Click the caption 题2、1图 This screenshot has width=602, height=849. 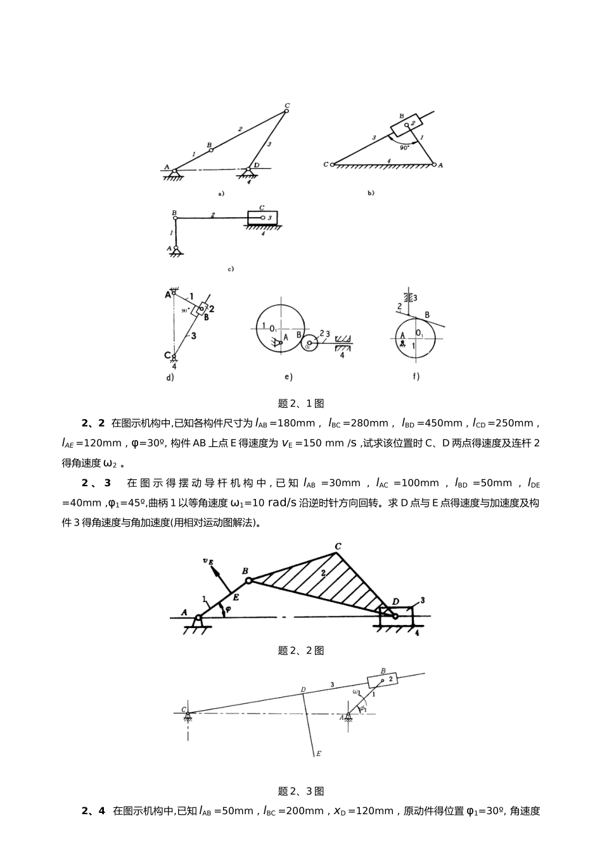[301, 403]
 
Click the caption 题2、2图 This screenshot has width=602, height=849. [301, 651]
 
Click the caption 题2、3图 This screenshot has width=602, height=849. [301, 791]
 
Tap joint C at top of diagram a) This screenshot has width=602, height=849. [286, 111]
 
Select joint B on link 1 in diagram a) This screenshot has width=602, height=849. [211, 150]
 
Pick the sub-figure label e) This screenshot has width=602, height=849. [288, 377]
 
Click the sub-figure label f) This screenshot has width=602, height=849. [416, 377]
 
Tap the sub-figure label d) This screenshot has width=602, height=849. [170, 378]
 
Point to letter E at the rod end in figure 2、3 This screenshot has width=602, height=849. [318, 753]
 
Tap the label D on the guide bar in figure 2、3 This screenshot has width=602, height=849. [303, 689]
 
